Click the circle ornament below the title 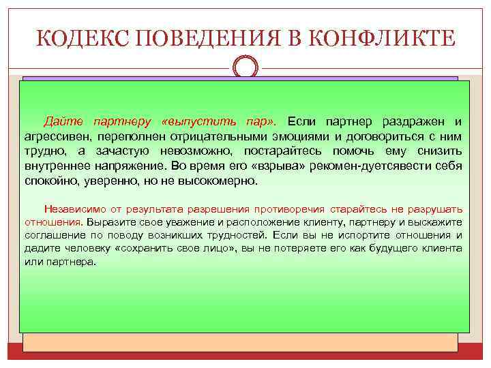pos(245,68)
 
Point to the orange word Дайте pos(64,121)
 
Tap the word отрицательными pos(250,136)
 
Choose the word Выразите pos(107,222)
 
